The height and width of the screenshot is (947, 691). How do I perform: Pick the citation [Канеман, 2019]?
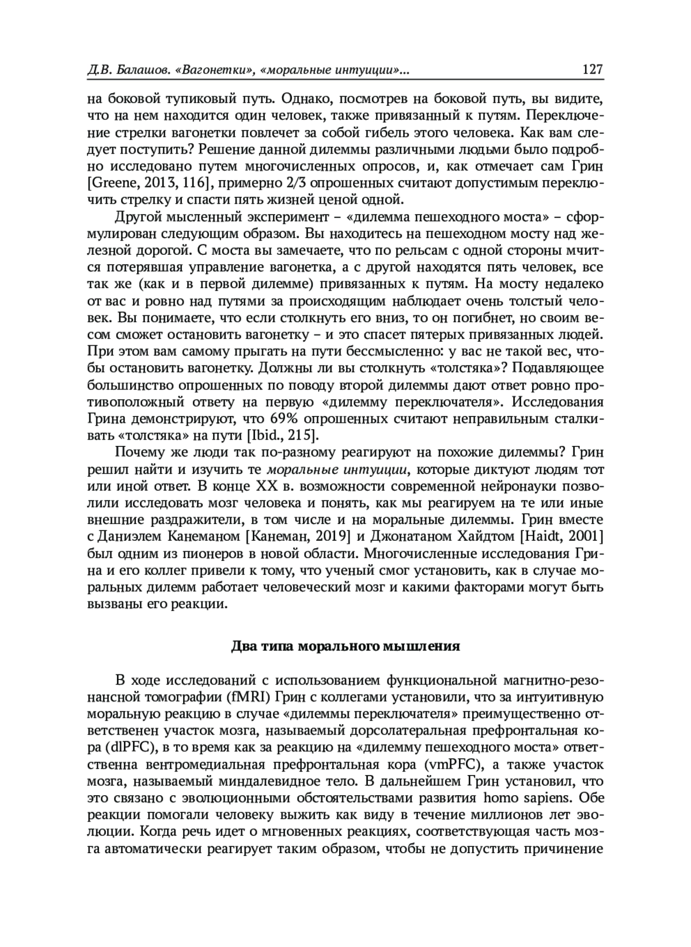(299, 536)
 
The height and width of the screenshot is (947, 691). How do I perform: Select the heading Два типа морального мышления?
(345, 646)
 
